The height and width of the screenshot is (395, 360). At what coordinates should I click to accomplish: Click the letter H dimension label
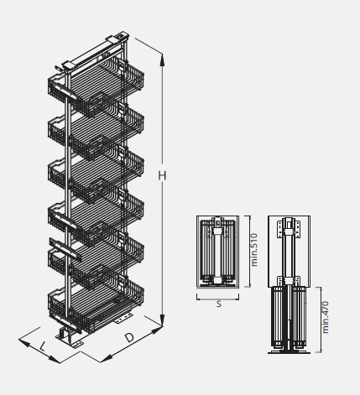point(162,175)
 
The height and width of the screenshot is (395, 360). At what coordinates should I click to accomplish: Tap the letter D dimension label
point(129,338)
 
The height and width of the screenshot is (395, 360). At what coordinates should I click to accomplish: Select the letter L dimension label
point(42,347)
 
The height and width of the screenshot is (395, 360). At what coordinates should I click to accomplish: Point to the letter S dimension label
point(219,304)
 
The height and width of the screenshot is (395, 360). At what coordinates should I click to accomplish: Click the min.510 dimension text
point(254,250)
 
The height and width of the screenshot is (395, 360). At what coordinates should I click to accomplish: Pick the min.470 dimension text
point(326,317)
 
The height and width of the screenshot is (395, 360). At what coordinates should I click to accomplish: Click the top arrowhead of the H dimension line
point(162,60)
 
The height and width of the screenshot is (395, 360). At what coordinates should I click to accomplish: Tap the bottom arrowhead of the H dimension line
point(162,320)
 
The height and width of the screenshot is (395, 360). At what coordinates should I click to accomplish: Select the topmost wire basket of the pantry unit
point(96,84)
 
